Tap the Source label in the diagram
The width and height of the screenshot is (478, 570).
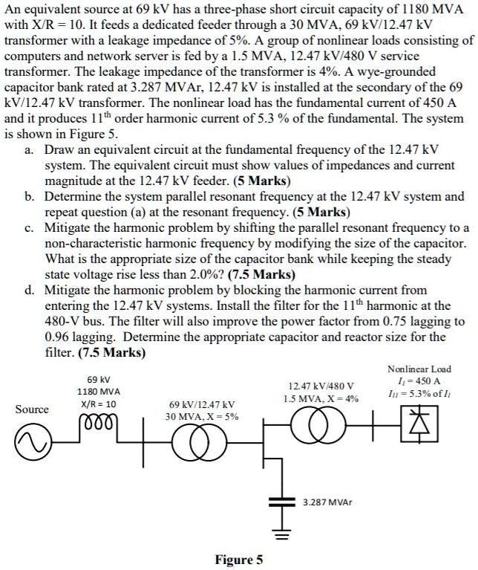pos(32,409)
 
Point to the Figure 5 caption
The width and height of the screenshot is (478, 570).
pos(238,560)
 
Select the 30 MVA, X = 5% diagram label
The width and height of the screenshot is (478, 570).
pos(202,416)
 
